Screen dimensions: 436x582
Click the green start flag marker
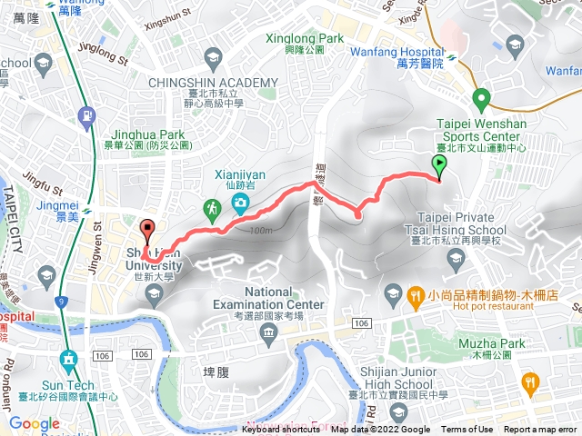pyautogui.click(x=440, y=165)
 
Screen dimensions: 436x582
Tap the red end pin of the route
pyautogui.click(x=148, y=230)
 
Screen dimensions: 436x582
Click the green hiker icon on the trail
pyautogui.click(x=212, y=209)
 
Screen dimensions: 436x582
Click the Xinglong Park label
pyautogui.click(x=305, y=39)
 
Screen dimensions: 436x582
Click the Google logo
pyautogui.click(x=34, y=423)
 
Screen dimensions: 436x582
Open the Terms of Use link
pyautogui.click(x=467, y=430)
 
